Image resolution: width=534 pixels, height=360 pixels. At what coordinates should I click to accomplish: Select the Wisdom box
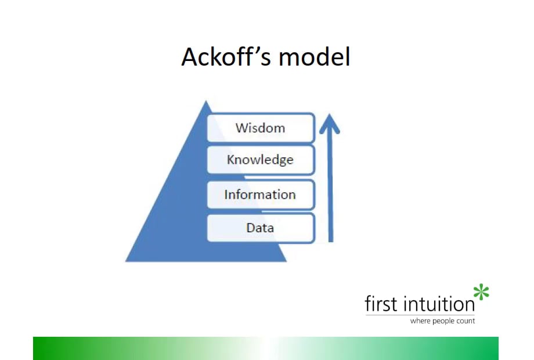tap(261, 128)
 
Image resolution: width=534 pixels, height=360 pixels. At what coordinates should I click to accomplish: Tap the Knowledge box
tap(261, 160)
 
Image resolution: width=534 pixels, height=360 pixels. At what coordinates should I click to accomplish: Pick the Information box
tap(261, 195)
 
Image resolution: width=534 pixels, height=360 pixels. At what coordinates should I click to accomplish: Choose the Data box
tap(261, 228)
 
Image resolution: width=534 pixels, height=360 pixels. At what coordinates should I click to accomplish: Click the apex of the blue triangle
tap(205, 103)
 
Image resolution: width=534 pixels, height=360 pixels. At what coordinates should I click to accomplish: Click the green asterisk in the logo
tap(481, 292)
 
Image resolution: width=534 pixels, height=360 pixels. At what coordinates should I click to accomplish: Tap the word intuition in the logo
tap(439, 303)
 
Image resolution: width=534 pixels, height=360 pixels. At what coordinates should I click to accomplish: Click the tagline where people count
tap(442, 321)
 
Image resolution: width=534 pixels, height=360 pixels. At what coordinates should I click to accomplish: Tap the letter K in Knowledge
tap(231, 160)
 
